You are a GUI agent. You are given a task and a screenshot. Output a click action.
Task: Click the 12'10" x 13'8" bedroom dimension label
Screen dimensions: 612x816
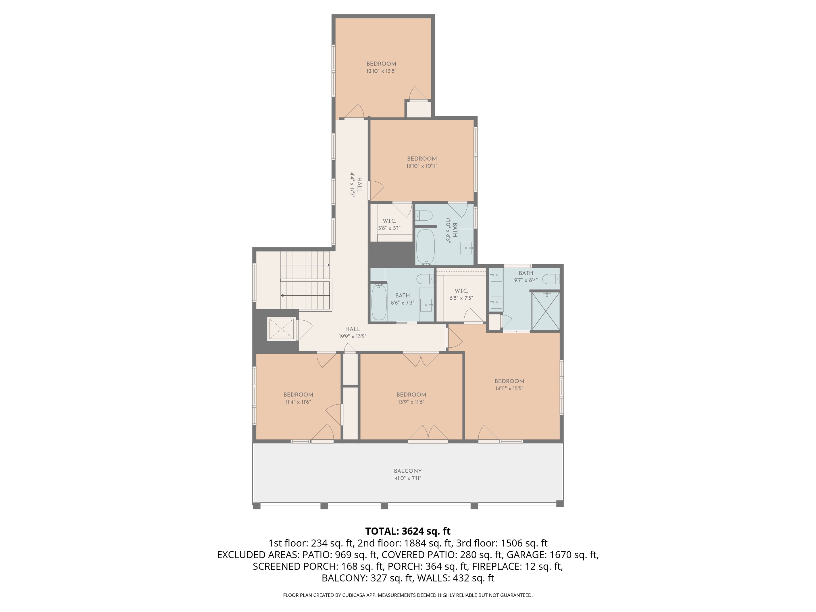click(x=381, y=71)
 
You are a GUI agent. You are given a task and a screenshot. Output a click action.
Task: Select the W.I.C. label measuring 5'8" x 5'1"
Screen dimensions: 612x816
click(x=389, y=224)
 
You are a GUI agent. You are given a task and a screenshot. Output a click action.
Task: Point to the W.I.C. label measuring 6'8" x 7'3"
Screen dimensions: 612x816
click(x=461, y=295)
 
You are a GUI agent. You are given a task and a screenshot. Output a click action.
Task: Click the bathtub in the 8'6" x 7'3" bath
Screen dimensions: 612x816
click(x=379, y=302)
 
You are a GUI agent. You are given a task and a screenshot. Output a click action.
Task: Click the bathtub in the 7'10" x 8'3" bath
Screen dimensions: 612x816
click(x=425, y=246)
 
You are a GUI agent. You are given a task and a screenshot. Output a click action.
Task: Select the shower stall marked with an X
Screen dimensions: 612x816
click(x=546, y=311)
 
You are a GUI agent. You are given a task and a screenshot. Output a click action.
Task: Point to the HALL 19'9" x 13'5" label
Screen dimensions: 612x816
click(x=353, y=333)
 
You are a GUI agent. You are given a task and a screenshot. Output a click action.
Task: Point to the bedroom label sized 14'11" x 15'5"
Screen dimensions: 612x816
click(x=509, y=385)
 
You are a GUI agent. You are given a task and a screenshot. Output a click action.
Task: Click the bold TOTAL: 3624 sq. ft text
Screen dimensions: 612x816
click(x=408, y=531)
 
